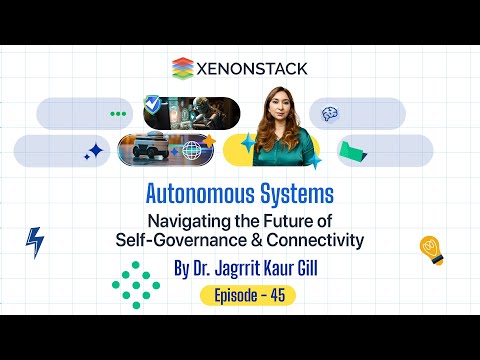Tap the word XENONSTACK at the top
pyautogui.click(x=252, y=68)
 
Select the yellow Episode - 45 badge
pyautogui.click(x=248, y=295)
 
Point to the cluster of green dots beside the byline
pyautogui.click(x=135, y=282)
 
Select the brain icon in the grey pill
pyautogui.click(x=330, y=115)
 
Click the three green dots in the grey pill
pyautogui.click(x=119, y=114)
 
